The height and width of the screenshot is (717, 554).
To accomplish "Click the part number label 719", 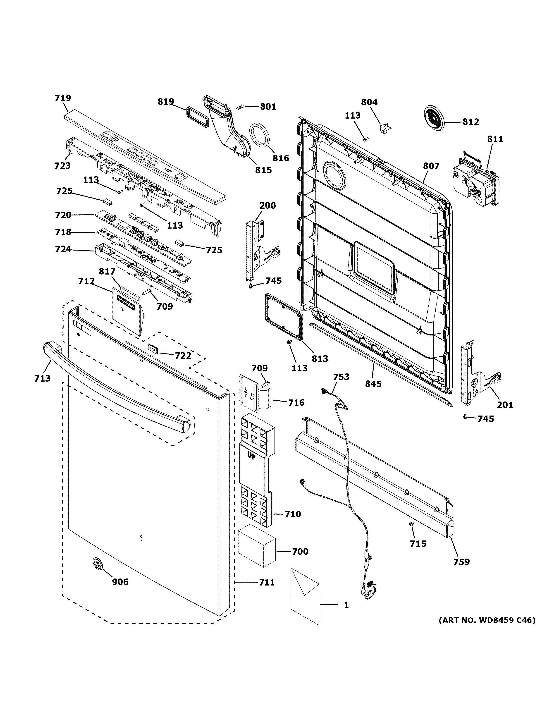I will coord(63,98).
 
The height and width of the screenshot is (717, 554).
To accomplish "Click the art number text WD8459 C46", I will coord(487,620).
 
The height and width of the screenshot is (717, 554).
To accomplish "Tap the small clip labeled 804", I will coord(383,127).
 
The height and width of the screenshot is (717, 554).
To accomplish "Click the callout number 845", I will coord(373,383).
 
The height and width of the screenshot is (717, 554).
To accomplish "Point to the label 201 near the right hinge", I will coord(505,405).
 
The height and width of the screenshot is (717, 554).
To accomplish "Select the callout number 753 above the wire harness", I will coord(341,377).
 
